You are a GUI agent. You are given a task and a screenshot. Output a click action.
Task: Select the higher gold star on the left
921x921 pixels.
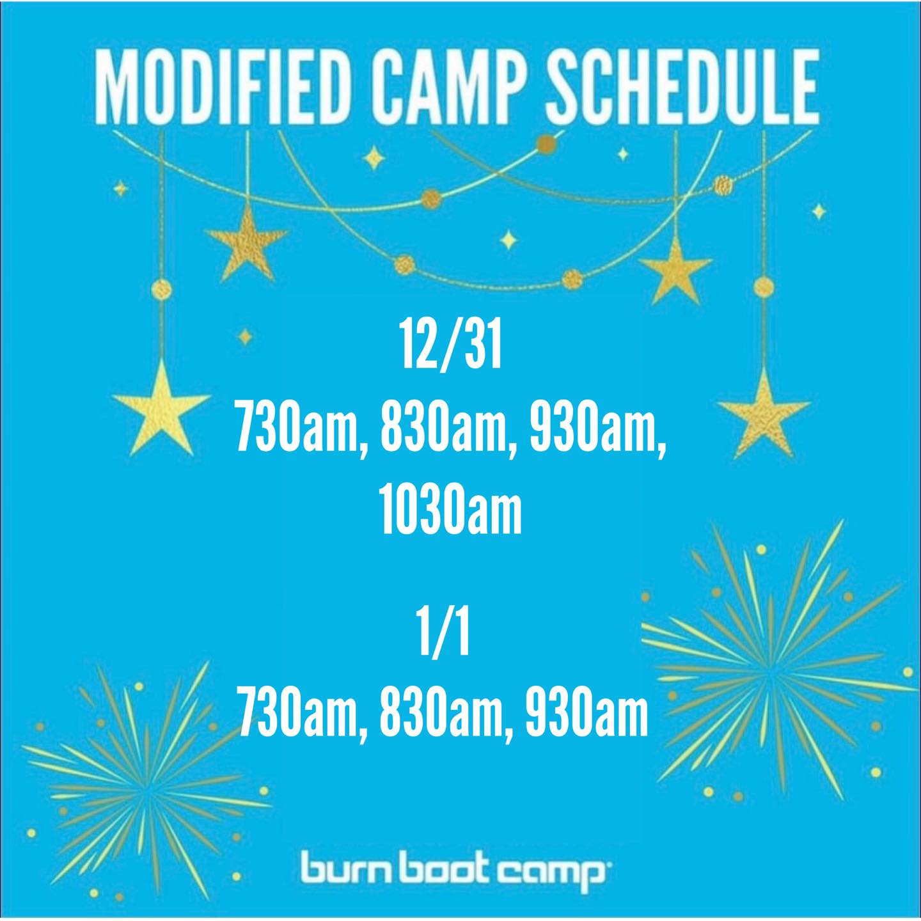(247, 245)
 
